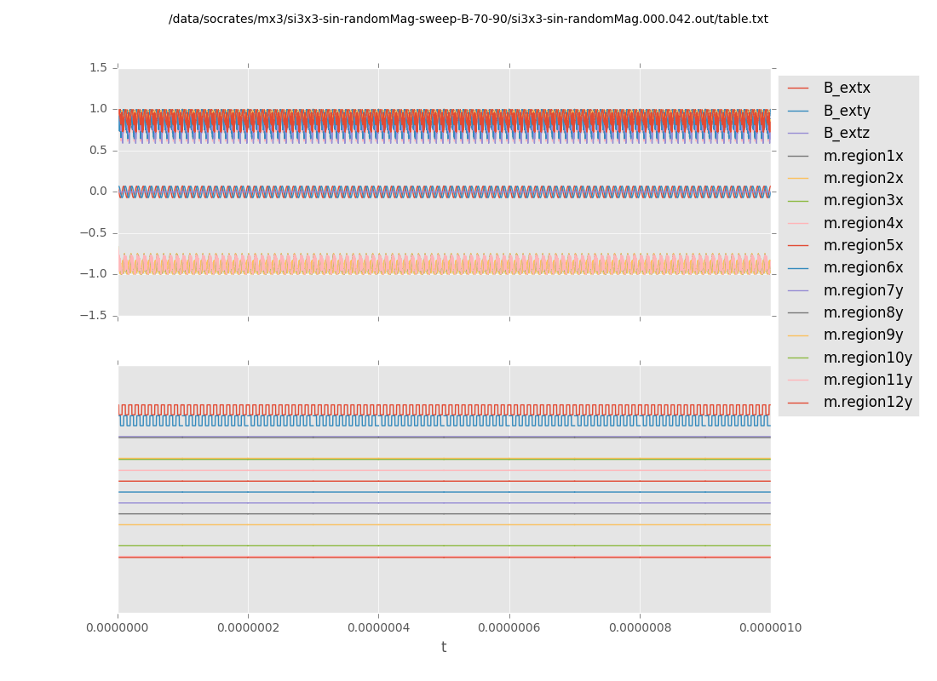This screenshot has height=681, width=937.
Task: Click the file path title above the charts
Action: tap(468, 19)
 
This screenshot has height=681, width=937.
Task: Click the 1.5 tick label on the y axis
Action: tap(98, 67)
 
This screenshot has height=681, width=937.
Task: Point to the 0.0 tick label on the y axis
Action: tap(98, 192)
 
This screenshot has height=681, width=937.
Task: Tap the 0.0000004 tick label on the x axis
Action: tap(378, 628)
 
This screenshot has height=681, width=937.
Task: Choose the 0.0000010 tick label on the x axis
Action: tap(770, 628)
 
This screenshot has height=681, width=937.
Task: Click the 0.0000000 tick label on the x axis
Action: tap(118, 628)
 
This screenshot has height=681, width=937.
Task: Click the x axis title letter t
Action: tap(444, 648)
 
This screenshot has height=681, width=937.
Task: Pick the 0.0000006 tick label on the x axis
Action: tap(509, 628)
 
